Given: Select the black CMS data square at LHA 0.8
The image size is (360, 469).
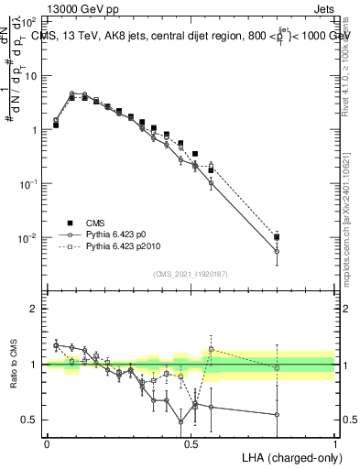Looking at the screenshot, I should pos(277,237).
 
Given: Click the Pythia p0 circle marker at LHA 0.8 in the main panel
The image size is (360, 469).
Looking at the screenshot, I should pos(277,251).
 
